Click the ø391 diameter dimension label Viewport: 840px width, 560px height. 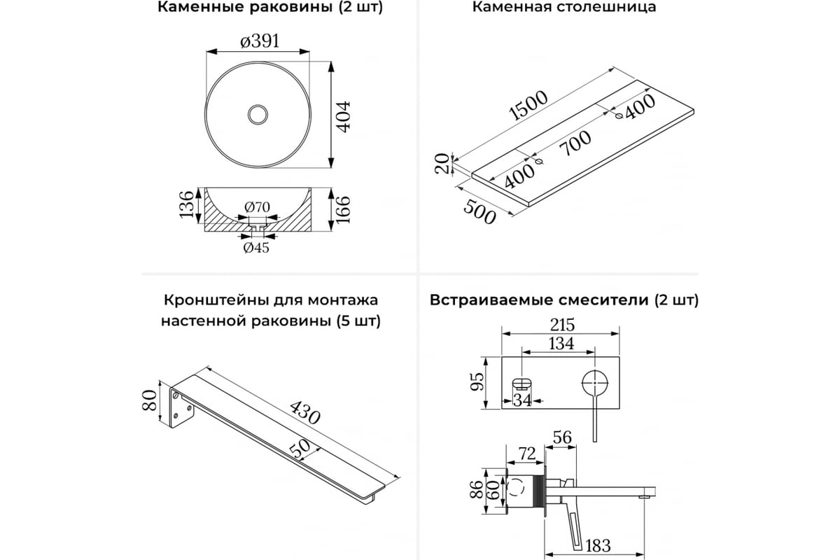coord(260,41)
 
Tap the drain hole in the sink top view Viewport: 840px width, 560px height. coord(258,114)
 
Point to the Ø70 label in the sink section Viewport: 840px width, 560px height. coord(258,207)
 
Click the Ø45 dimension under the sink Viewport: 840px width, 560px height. coord(256,247)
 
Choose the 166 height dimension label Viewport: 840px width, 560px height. coord(342,209)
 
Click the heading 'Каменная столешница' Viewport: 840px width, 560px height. coord(563,8)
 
